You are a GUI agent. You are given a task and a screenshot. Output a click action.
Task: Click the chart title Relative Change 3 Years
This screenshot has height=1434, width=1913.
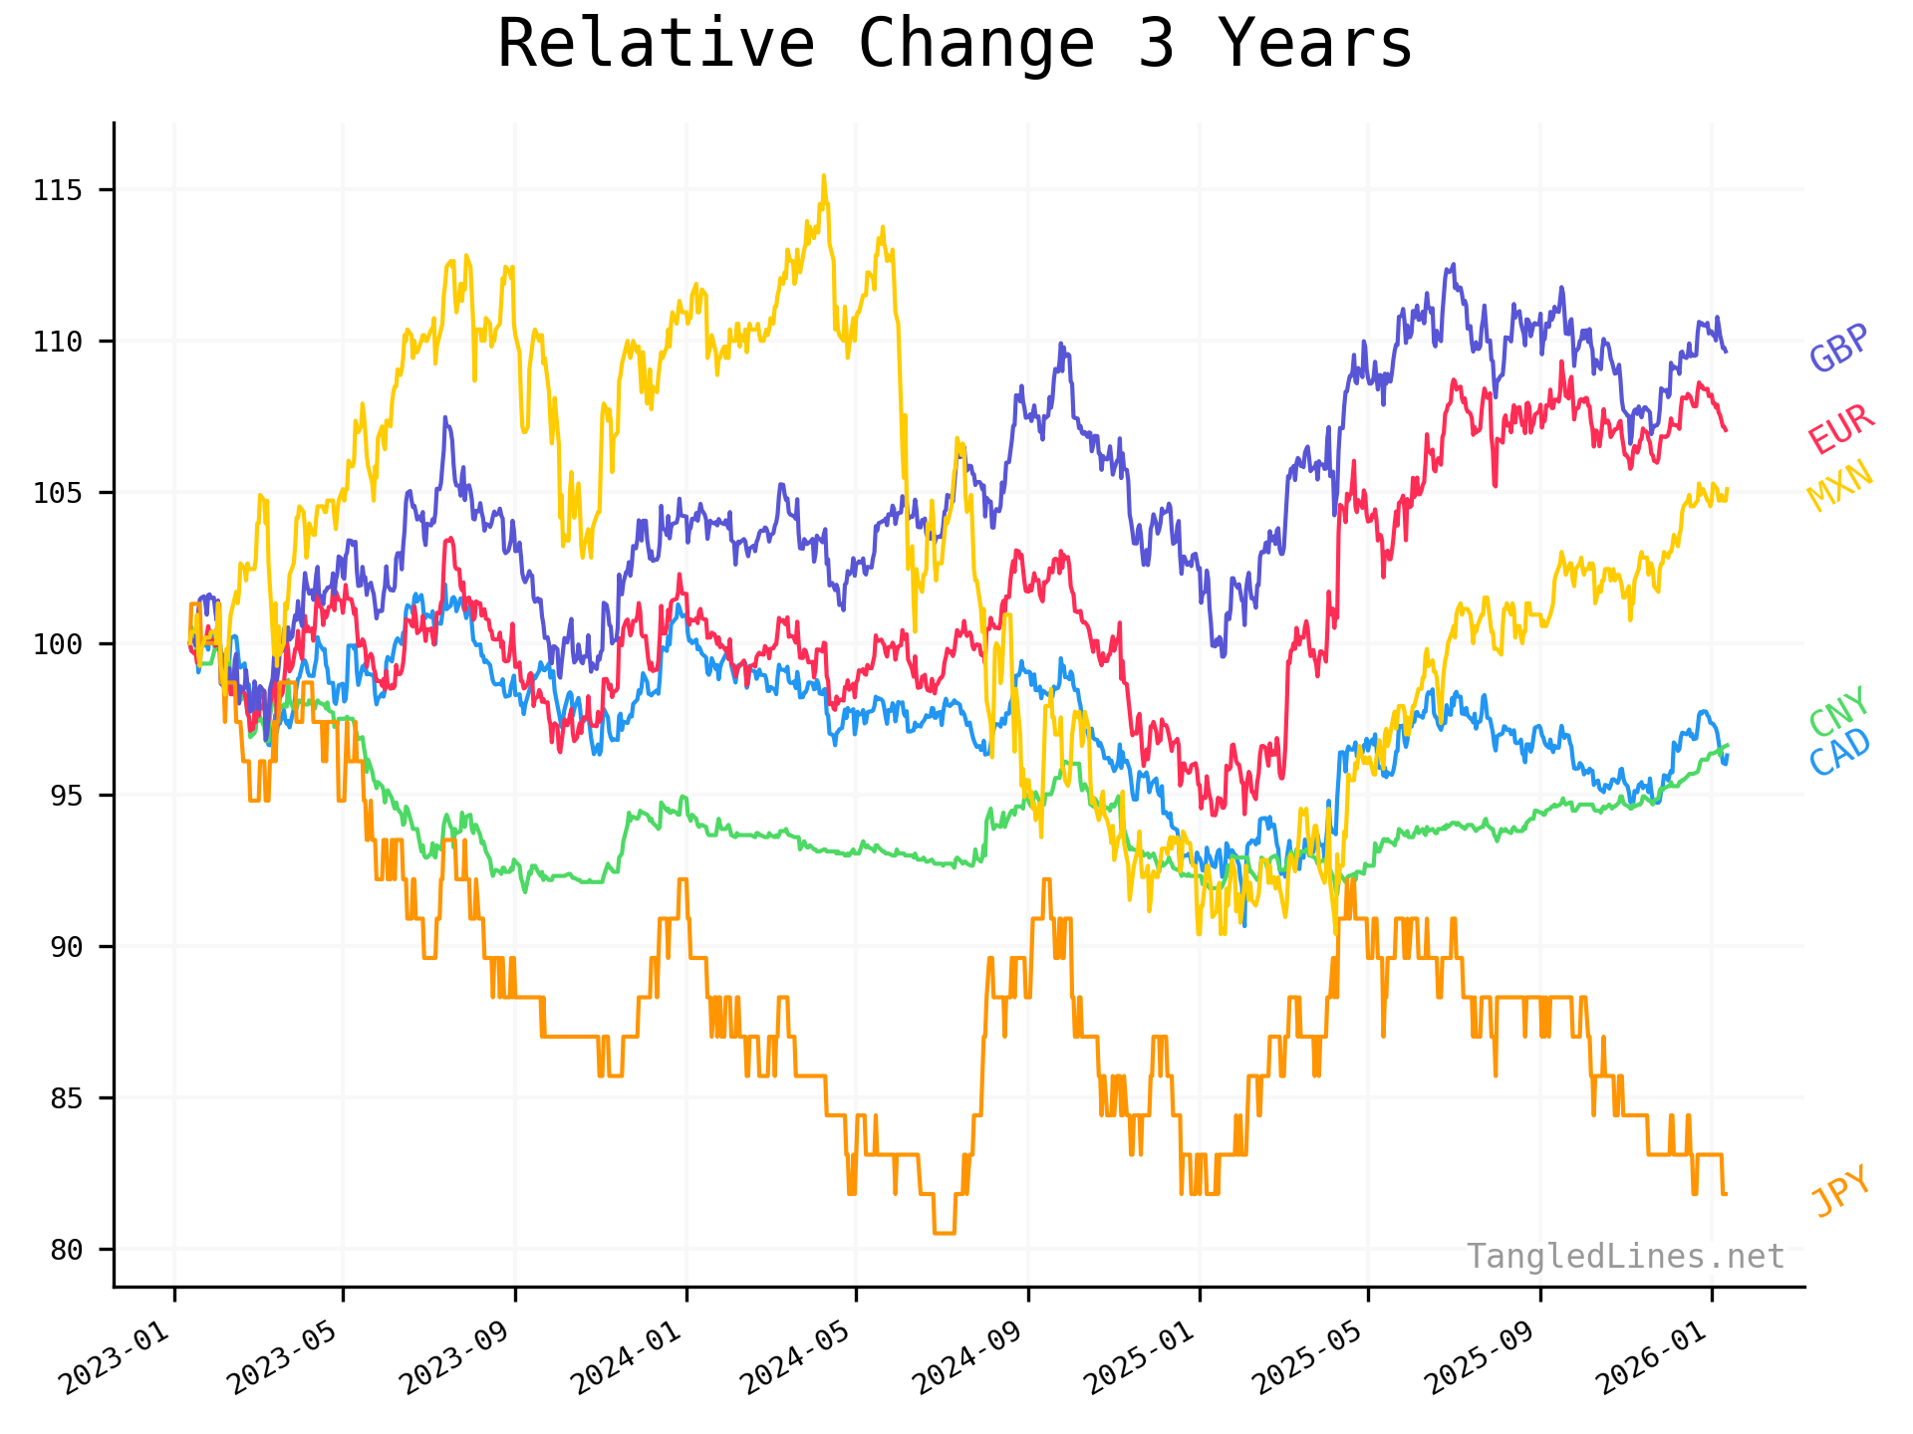955,44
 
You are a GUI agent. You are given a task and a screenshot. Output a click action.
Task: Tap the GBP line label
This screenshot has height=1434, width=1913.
1839,349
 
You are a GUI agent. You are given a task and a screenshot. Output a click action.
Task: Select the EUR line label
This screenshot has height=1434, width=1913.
1841,430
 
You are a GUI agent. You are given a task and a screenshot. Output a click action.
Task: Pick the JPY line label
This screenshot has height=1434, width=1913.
1841,1191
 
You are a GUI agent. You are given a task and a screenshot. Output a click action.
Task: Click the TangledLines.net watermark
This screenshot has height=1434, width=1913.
1625,1257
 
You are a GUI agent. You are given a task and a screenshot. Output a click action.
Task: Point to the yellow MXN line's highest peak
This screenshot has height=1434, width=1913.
823,176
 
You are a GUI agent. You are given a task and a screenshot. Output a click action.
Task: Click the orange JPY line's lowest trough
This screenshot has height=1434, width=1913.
944,1233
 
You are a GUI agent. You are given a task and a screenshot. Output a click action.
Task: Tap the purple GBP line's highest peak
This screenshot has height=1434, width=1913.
1453,265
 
